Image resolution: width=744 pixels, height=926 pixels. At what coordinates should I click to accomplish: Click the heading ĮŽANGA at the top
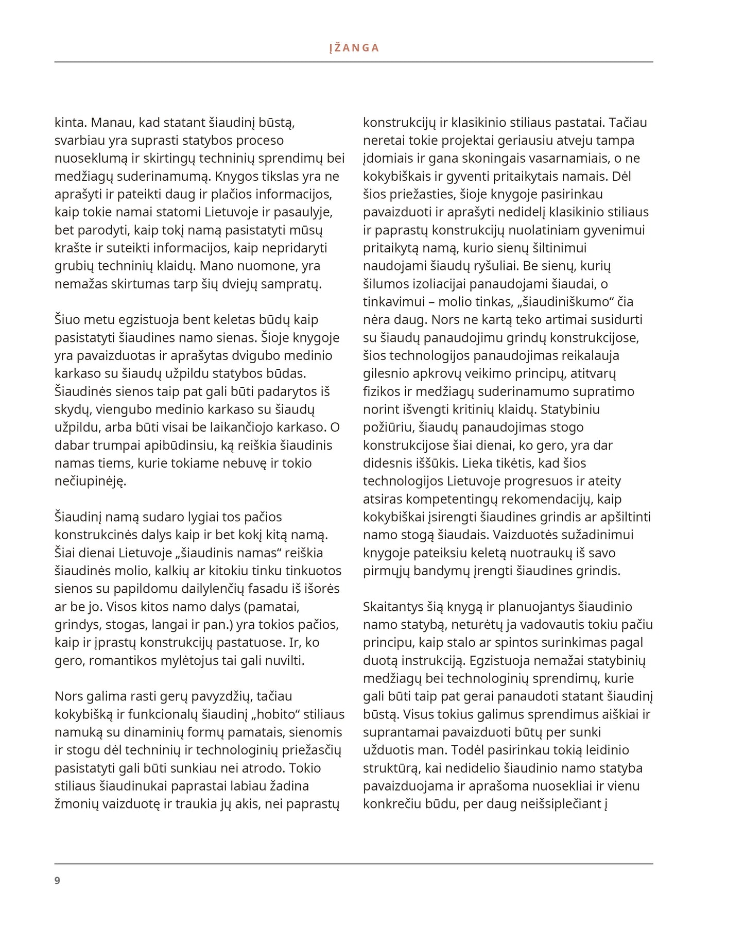click(x=354, y=48)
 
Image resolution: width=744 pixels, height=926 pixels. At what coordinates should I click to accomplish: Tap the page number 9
click(x=57, y=881)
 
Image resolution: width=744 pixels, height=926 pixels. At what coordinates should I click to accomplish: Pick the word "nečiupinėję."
click(x=90, y=481)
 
